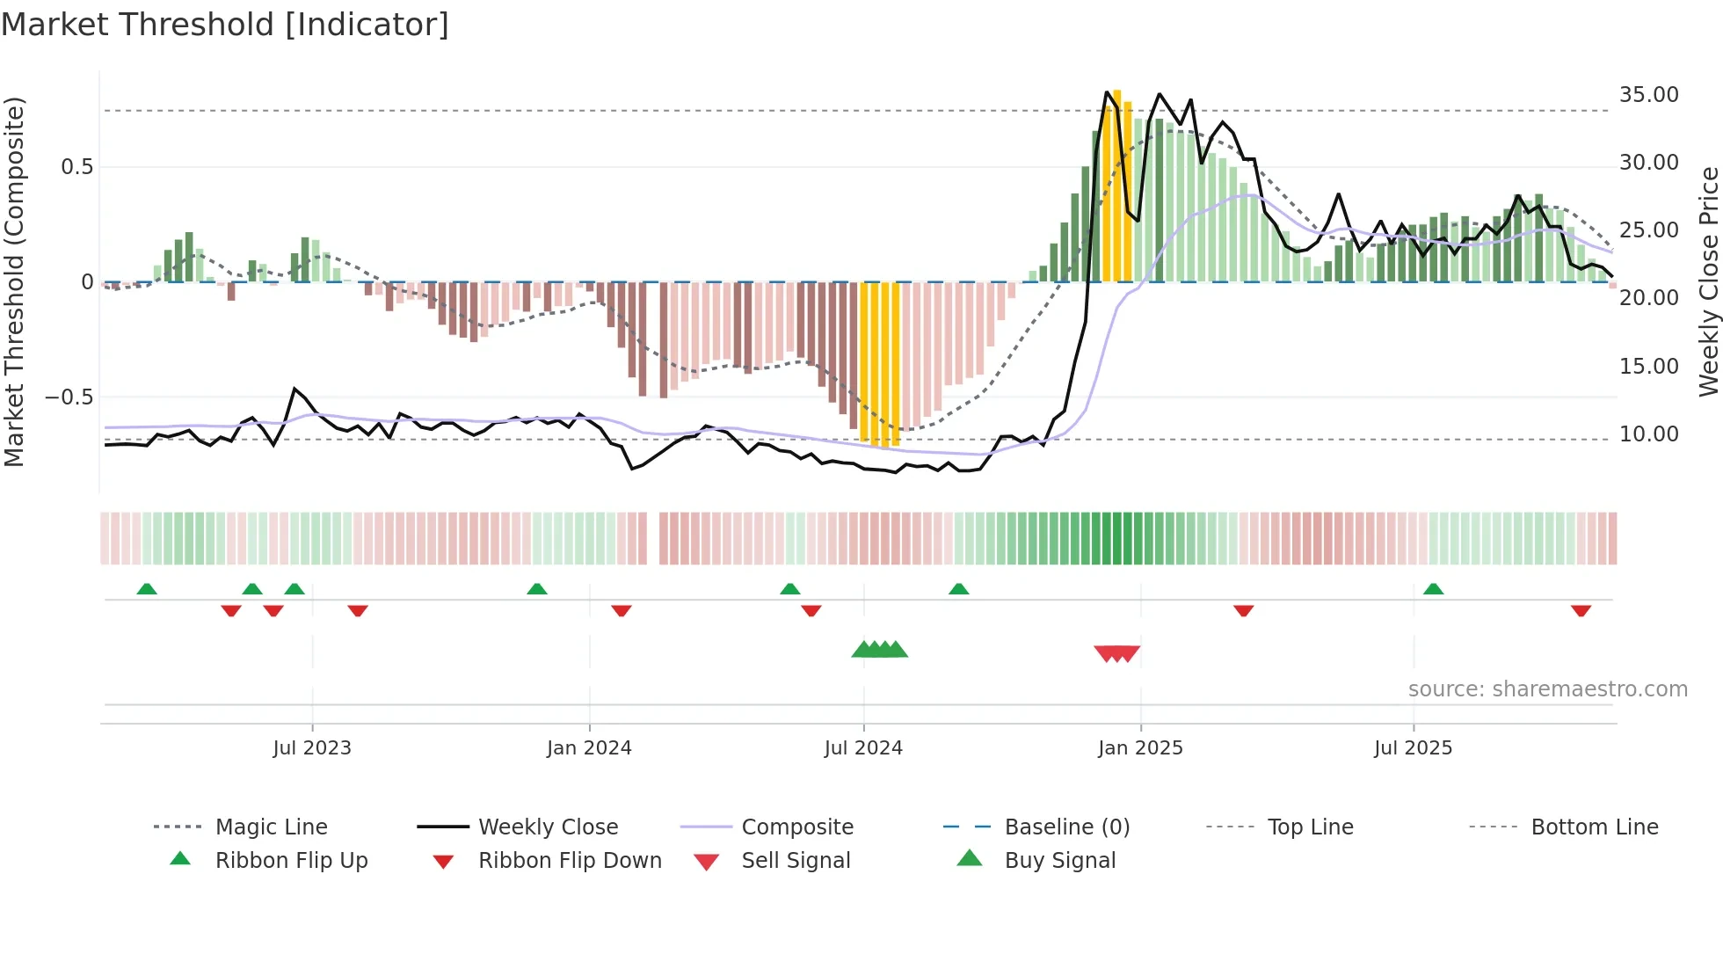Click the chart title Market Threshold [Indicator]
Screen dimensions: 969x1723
(225, 25)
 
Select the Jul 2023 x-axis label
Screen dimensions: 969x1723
(312, 748)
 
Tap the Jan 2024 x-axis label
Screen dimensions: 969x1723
(589, 748)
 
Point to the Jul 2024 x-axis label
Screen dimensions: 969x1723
(863, 748)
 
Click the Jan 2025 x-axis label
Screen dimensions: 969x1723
(1140, 748)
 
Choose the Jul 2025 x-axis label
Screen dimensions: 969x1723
(1414, 748)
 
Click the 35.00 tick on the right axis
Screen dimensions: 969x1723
(1649, 95)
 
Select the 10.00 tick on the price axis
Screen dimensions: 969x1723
(1649, 434)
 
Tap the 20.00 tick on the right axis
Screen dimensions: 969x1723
(1649, 298)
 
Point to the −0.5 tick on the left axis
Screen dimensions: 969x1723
(69, 397)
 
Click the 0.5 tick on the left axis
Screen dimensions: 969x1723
(77, 167)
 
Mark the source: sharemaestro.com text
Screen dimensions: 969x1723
(1547, 689)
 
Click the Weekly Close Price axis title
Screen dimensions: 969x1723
(1708, 281)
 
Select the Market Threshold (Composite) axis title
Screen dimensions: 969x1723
(14, 281)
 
